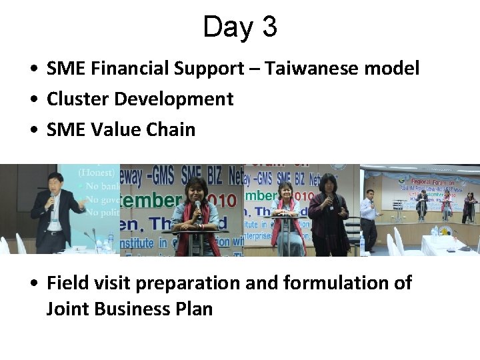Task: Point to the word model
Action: pyautogui.click(x=394, y=68)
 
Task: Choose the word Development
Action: pyautogui.click(x=174, y=99)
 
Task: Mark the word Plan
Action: pyautogui.click(x=195, y=309)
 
